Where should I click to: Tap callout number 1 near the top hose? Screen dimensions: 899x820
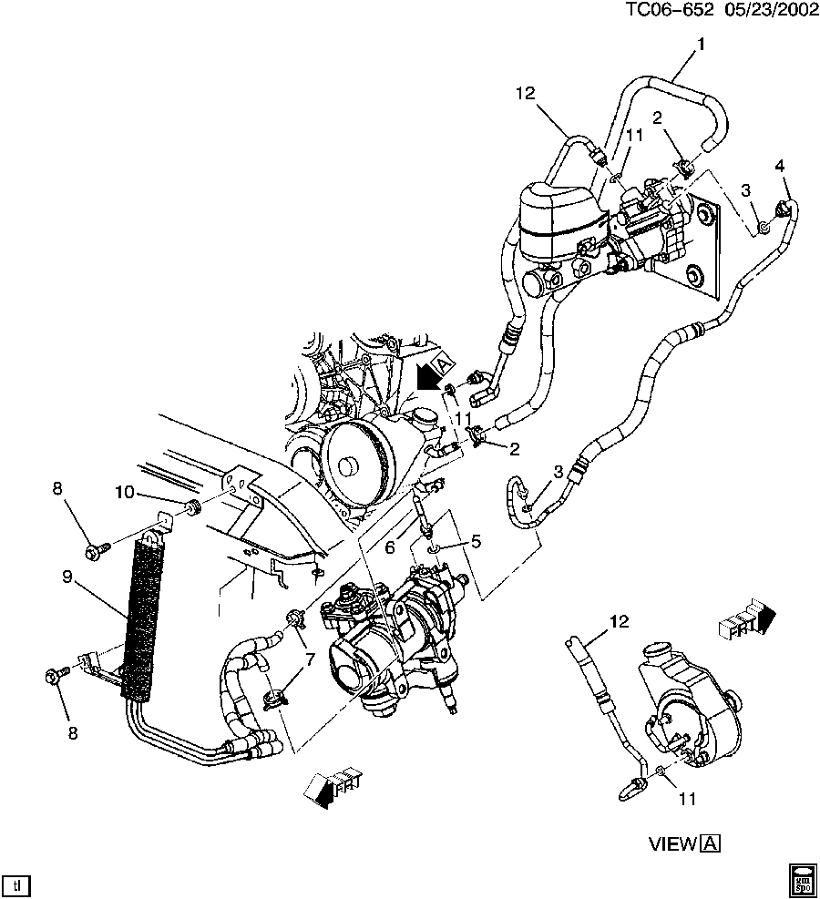(x=701, y=44)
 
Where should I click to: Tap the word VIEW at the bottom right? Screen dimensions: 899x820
(x=672, y=843)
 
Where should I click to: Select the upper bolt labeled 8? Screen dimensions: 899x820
(x=95, y=549)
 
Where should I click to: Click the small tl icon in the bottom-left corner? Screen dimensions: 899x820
(x=15, y=884)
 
